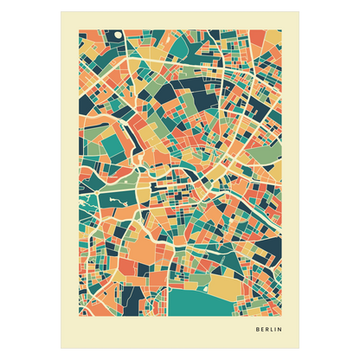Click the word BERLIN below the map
coord(270,330)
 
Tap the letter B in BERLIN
coord(258,330)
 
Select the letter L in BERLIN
coord(273,330)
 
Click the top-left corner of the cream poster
coord(61,11)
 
